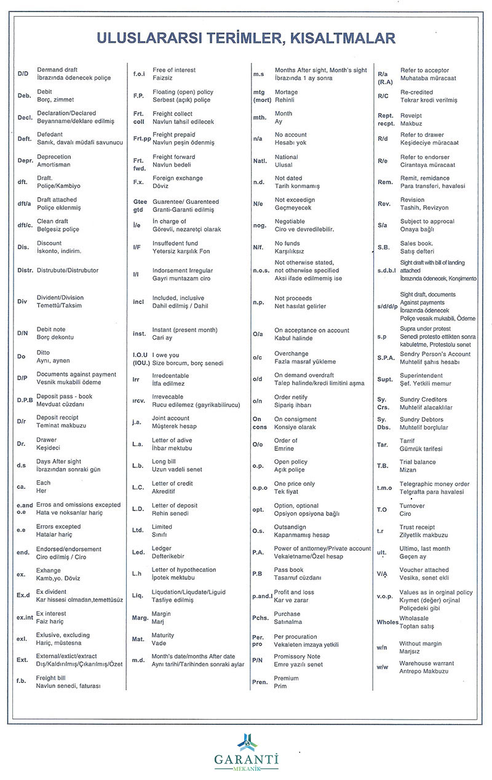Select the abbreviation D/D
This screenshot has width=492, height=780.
tap(23, 74)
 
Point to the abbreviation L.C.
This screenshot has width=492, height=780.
tap(138, 487)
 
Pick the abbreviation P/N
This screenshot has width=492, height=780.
tap(258, 660)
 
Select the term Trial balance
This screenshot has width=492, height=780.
tap(418, 462)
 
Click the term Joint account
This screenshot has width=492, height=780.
tap(170, 418)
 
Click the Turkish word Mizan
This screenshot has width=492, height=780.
tap(408, 470)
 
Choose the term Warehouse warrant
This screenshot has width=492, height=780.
tap(427, 663)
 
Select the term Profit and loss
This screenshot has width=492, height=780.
tap(294, 592)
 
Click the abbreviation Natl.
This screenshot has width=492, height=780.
tap(260, 161)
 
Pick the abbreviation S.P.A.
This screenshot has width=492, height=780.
tap(386, 357)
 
